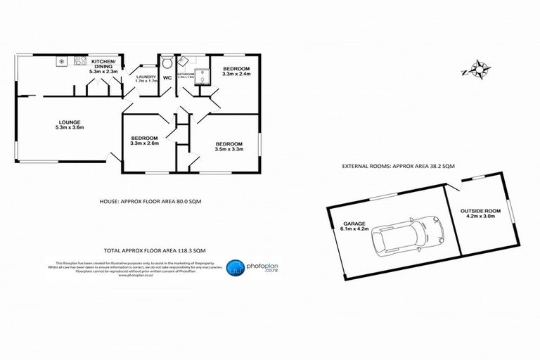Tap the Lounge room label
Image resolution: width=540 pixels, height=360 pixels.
click(x=69, y=124)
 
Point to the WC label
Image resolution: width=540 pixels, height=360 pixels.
click(x=167, y=77)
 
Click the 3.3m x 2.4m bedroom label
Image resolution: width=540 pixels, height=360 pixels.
click(x=236, y=70)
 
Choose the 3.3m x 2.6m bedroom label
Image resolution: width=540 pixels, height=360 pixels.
click(x=145, y=141)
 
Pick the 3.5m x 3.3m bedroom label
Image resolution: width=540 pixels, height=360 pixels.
click(x=229, y=147)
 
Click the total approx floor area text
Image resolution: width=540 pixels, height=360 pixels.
click(x=155, y=250)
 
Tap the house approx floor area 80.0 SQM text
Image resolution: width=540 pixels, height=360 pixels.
click(x=145, y=202)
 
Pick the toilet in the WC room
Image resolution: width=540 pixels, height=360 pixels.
click(x=167, y=61)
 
